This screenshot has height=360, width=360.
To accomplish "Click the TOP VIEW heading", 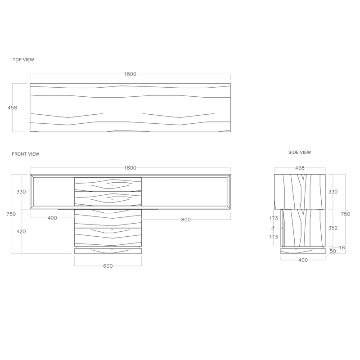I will (23, 60).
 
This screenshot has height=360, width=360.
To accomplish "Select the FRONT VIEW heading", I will (26, 154).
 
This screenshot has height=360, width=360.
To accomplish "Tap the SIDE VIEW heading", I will (300, 153).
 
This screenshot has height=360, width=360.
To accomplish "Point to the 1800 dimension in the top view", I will (130, 74).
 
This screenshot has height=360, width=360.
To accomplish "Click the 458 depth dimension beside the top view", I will (12, 108).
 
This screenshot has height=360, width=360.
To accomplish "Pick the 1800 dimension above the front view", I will (130, 168).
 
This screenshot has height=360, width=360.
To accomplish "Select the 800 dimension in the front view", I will (186, 220).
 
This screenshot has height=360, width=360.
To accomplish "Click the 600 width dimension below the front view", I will (108, 266).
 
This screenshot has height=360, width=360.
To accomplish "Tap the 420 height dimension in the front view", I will (21, 232).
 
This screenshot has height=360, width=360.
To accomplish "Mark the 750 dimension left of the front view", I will (5, 214).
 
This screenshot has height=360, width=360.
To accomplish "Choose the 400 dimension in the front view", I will (52, 218).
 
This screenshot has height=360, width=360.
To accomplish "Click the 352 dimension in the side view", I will (333, 228).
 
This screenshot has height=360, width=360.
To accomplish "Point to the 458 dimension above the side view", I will (300, 168).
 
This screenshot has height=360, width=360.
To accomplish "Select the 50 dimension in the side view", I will (333, 251).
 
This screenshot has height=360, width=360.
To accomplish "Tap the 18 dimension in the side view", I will (342, 247).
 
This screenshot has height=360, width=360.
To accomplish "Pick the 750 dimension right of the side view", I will (346, 214).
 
